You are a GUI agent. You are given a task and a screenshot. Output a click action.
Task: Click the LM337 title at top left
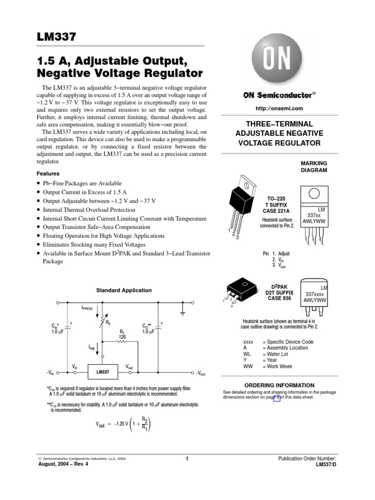(57, 37)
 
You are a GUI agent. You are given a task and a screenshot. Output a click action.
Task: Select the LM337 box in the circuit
(103, 372)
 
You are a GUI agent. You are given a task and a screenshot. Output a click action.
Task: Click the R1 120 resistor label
(123, 334)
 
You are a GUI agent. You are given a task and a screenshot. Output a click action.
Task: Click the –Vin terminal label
(50, 373)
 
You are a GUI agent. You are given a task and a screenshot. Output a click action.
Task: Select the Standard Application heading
(124, 290)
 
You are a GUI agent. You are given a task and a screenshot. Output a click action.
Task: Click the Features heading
(48, 173)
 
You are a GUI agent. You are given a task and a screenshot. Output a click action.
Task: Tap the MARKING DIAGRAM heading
(314, 167)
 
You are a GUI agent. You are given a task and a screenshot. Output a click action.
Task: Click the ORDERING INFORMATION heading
(279, 385)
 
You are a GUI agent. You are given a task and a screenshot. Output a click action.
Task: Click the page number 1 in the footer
(187, 458)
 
